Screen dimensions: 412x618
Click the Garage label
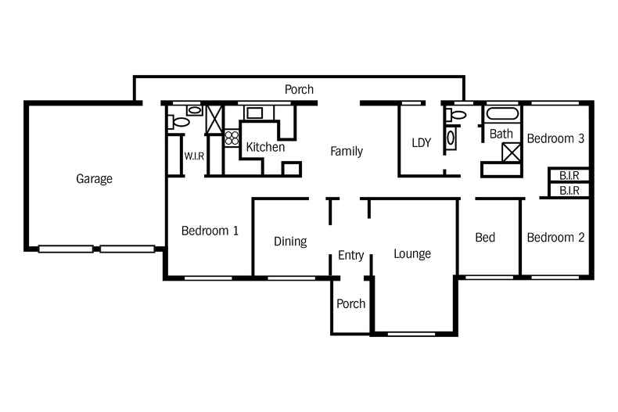pos(94,179)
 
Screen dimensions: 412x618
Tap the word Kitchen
pos(265,147)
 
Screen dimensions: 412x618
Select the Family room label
pos(346,151)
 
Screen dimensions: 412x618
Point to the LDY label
pos(422,143)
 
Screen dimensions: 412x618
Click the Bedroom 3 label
pos(555,138)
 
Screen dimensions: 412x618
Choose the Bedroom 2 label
pos(555,238)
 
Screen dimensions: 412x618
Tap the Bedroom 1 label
pos(210,231)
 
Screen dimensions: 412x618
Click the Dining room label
pos(290,242)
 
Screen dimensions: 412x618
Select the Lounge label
pos(412,254)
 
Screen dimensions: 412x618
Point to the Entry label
pos(351,255)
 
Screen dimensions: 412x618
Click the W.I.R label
pos(194,156)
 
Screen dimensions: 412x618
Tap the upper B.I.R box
pos(569,176)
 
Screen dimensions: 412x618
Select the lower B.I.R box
pos(569,190)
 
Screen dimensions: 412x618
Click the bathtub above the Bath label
pos(501,115)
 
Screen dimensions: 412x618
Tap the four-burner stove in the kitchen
pos(232,138)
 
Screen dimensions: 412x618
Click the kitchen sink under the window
pos(255,113)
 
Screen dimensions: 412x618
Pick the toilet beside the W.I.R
pos(180,122)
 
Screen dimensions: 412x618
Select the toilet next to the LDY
pos(458,115)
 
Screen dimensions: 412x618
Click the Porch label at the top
pos(299,90)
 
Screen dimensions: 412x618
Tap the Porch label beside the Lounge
pos(350,303)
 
